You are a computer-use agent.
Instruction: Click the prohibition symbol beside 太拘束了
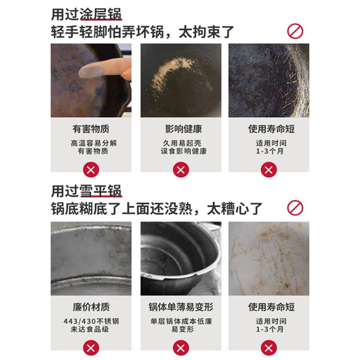tap(295, 31)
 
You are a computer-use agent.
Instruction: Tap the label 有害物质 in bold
tap(91, 129)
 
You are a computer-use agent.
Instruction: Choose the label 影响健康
tap(181, 129)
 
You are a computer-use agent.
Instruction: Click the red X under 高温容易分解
tap(91, 170)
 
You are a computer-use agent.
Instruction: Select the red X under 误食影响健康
tap(181, 170)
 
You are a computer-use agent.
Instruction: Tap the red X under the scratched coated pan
tap(269, 170)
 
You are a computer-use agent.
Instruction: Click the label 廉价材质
tap(91, 307)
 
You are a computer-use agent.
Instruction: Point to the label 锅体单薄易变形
tap(181, 307)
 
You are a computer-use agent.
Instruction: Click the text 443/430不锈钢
tap(91, 322)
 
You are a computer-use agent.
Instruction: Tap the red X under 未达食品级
tap(91, 348)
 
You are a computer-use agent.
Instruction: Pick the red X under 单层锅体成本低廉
tap(181, 348)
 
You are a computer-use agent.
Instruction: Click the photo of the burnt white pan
tap(269, 258)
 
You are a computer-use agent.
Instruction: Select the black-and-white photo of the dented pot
tap(181, 258)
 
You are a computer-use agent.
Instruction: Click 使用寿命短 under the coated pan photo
tap(269, 129)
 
